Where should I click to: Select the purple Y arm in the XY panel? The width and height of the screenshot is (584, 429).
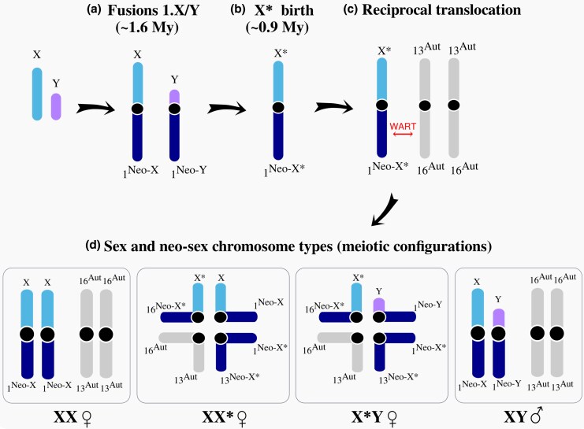(497, 321)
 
